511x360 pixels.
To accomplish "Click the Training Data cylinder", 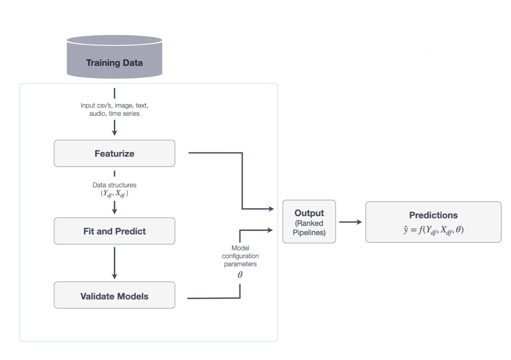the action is tap(114, 57).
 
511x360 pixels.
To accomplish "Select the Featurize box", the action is tap(114, 153).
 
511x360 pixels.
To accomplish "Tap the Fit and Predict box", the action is tap(114, 231).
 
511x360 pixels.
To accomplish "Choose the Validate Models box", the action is tap(114, 295).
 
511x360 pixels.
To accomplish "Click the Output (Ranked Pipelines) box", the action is tap(309, 221).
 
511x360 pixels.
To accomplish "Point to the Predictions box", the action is tap(433, 222).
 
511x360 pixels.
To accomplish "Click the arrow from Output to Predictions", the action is tap(351, 222).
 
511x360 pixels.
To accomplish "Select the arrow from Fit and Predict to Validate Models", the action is tap(114, 263).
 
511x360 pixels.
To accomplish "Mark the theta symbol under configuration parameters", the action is tap(240, 275).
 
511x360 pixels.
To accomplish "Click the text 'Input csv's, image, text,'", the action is tap(114, 106).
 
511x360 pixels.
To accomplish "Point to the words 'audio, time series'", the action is tap(114, 113).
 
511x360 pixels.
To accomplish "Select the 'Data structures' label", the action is tap(114, 185).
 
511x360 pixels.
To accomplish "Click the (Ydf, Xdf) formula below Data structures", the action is tap(114, 193).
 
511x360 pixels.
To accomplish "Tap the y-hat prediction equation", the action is tap(433, 230).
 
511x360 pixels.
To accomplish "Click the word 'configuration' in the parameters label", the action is tap(240, 256).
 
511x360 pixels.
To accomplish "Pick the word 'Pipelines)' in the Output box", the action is tap(309, 233).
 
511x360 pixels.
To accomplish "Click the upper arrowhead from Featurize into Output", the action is tap(271, 209).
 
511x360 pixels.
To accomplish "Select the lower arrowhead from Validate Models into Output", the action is tap(270, 230).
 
